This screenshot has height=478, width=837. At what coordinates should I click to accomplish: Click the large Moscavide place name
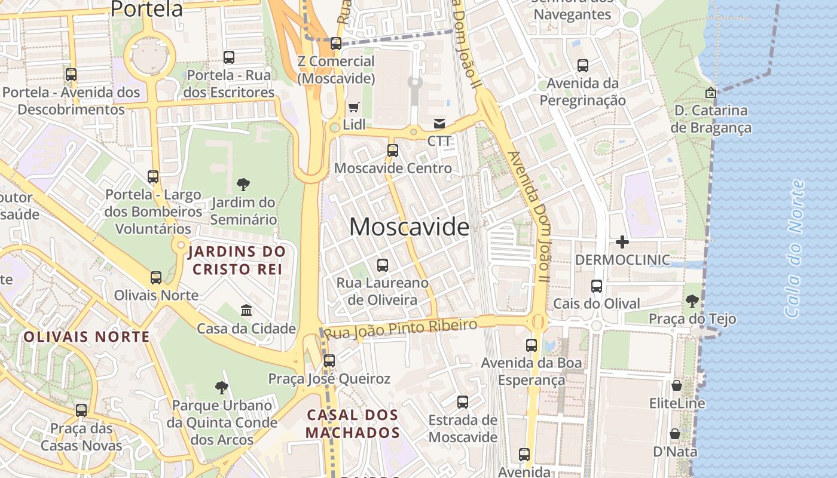410,227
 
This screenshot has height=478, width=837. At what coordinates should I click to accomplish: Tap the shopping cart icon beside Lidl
354,108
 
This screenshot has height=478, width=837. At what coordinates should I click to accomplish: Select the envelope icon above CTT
439,124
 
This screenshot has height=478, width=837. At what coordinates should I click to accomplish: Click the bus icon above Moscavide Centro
393,151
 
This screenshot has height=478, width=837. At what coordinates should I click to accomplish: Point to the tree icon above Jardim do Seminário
243,185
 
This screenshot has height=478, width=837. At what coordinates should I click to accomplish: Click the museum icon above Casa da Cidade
246,310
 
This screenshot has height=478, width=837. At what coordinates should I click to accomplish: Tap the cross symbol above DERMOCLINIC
622,242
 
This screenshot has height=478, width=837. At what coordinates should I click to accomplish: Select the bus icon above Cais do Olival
597,286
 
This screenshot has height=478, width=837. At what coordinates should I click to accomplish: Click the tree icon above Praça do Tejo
692,301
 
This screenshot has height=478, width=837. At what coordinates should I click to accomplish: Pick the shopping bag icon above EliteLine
677,385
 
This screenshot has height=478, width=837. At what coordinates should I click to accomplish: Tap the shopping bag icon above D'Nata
675,433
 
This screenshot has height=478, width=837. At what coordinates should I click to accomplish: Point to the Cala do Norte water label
795,248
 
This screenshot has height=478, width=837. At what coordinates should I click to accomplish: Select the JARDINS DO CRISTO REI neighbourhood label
236,261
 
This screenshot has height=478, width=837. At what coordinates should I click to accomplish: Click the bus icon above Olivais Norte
156,278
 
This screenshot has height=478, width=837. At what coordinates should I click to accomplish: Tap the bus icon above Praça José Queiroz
329,361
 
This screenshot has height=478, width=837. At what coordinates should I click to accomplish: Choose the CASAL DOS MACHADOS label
353,423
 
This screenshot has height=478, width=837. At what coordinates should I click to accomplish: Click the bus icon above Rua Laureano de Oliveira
383,265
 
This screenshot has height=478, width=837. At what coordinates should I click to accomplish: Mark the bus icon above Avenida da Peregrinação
583,66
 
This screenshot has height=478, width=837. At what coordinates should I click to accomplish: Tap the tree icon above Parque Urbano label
222,388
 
